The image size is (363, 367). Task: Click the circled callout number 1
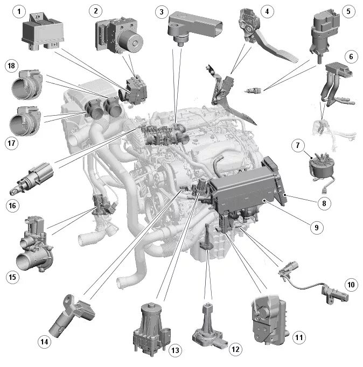click(x=19, y=11)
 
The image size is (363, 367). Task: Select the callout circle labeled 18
click(x=11, y=66)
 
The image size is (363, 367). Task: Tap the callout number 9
click(x=317, y=228)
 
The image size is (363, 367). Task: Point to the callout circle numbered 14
click(x=44, y=342)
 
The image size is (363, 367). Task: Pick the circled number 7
click(x=298, y=145)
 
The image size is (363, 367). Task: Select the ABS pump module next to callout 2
click(x=120, y=35)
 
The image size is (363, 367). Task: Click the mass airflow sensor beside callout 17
click(x=25, y=121)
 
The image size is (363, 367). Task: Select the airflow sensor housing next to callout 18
click(x=27, y=84)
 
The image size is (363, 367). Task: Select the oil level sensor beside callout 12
click(x=210, y=326)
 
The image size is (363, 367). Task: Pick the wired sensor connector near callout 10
click(x=313, y=283)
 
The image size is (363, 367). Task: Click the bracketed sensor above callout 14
click(x=72, y=315)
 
